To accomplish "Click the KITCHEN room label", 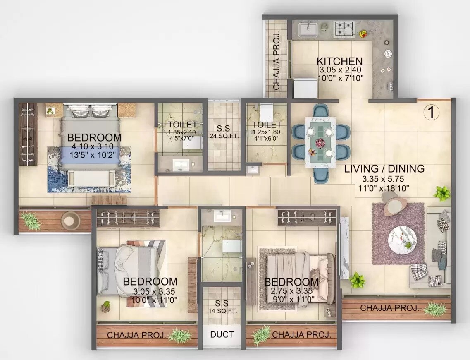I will (339, 61).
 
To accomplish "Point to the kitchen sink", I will (308, 30).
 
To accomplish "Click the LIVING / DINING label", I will (384, 169).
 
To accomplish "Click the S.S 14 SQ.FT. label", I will (224, 307).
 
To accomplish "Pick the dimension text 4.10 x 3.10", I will (95, 147).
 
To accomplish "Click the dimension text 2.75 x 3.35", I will (291, 291).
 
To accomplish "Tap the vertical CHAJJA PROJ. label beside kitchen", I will (276, 60).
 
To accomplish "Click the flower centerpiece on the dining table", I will (320, 143).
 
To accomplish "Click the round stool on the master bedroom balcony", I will (70, 220).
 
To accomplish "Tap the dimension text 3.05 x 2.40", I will (339, 71).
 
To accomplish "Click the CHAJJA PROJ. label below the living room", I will (389, 308).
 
